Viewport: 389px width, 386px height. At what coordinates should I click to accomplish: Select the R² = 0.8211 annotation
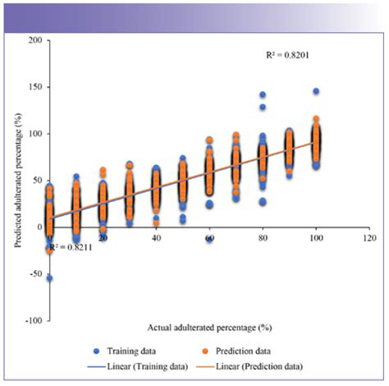coord(71,246)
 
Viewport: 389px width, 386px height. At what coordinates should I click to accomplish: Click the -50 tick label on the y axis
coord(35,273)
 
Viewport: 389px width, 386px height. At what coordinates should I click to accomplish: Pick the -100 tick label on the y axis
coord(33,320)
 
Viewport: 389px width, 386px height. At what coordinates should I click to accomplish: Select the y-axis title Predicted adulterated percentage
coord(17,180)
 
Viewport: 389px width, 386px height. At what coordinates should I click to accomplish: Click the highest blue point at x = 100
coord(315,91)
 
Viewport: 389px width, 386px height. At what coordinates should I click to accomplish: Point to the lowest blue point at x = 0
coord(49,278)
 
